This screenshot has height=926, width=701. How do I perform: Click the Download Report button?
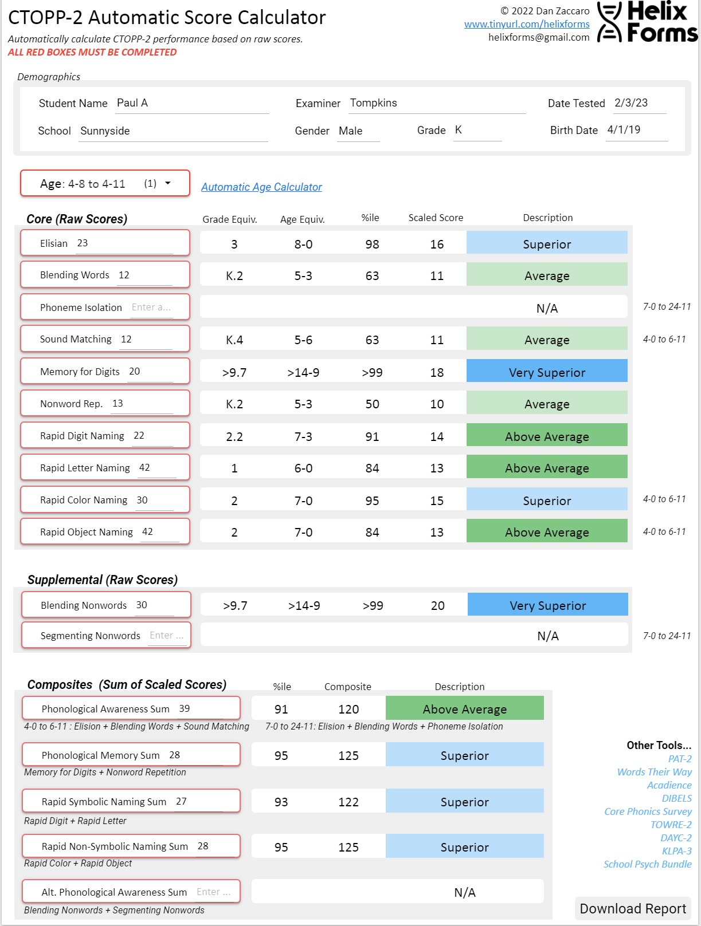[x=633, y=909]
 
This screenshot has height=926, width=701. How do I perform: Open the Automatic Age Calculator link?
[x=261, y=187]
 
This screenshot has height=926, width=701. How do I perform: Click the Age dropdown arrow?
[x=168, y=183]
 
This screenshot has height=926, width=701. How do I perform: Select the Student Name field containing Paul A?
[x=191, y=103]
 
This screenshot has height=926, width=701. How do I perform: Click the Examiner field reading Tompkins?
[x=437, y=103]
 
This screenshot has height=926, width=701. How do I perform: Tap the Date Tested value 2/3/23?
[x=638, y=103]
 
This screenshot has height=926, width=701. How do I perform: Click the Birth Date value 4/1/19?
[x=636, y=130]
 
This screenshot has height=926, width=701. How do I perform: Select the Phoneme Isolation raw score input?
[x=151, y=308]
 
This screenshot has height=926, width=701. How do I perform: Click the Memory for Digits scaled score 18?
[x=437, y=373]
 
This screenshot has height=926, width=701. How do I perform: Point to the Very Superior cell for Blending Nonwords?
[x=547, y=605]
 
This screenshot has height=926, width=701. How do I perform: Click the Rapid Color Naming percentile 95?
[x=372, y=501]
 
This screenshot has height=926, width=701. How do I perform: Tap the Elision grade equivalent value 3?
[x=234, y=245]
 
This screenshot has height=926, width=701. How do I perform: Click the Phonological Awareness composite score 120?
[x=348, y=710]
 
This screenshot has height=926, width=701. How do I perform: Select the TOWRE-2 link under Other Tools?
[x=671, y=825]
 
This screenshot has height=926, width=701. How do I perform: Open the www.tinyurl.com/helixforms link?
[x=527, y=24]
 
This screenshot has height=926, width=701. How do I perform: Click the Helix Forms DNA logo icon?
[x=609, y=22]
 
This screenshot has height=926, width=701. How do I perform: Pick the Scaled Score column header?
[x=436, y=218]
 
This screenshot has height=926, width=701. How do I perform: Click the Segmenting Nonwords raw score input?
[x=167, y=636]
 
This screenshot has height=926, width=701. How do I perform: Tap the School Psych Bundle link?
[x=647, y=864]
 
